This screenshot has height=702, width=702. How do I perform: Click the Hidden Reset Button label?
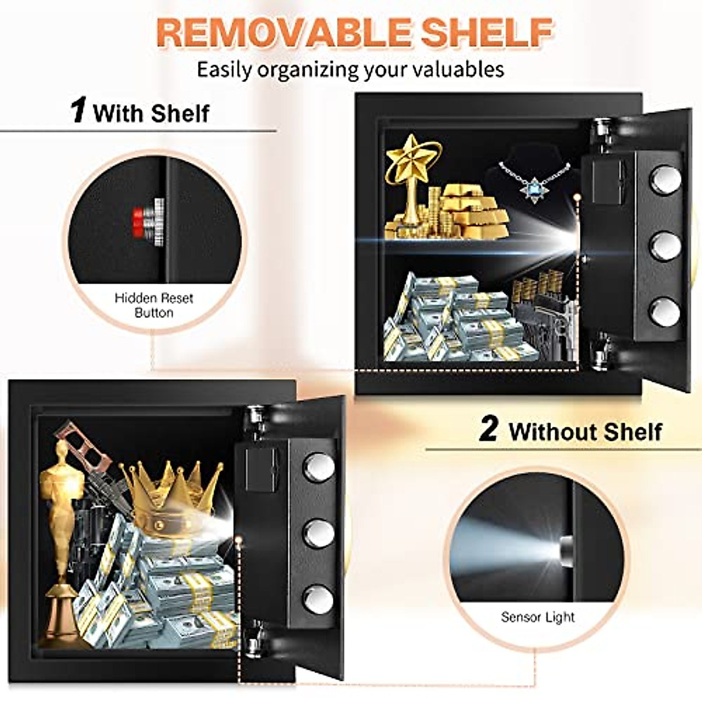(153, 305)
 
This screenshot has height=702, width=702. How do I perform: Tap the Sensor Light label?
(538, 617)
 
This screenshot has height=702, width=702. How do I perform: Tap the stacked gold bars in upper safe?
(474, 211)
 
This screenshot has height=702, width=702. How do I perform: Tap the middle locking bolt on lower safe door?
(319, 533)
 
